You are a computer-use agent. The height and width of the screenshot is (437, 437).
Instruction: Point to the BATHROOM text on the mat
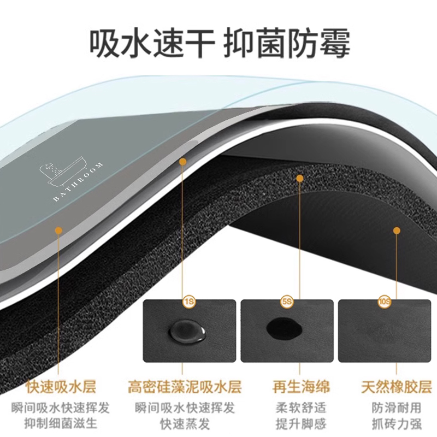(x=78, y=182)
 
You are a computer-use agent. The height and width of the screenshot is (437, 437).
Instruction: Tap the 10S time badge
(x=385, y=302)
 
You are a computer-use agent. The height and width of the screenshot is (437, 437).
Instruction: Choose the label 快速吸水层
(x=61, y=388)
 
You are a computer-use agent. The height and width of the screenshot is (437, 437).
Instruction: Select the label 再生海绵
(x=302, y=388)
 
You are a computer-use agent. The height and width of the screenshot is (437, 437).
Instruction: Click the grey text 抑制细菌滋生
(x=61, y=423)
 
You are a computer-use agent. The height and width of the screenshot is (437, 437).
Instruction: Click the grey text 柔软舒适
(x=302, y=408)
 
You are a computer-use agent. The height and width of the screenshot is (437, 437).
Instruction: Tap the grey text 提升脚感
(x=302, y=423)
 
